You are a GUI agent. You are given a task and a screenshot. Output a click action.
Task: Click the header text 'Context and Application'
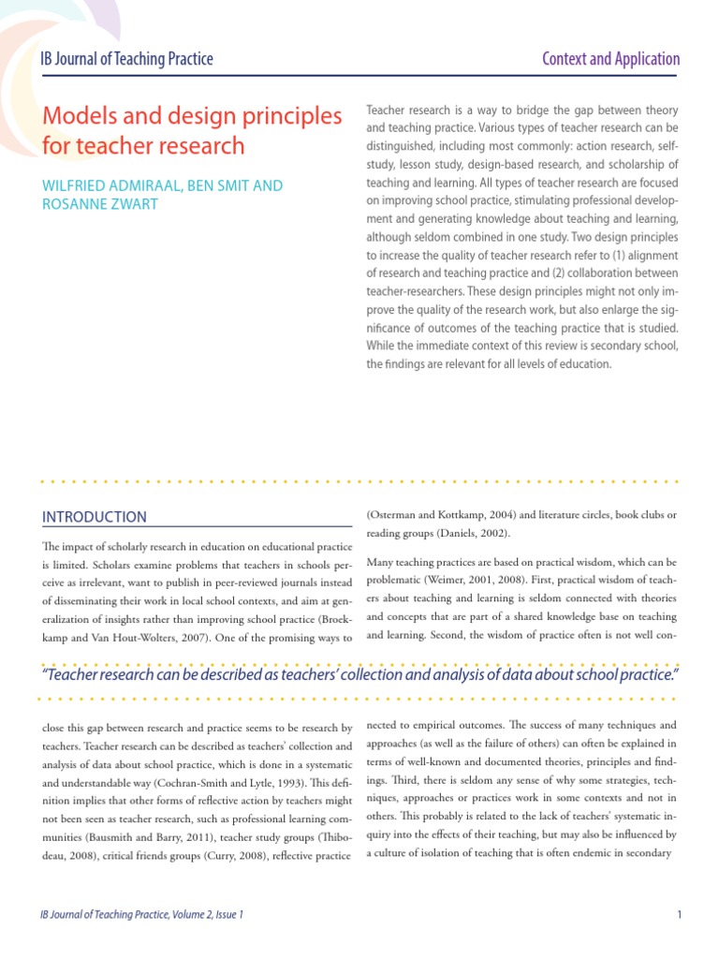click(611, 59)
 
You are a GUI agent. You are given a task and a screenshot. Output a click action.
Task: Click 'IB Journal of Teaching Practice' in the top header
click(126, 59)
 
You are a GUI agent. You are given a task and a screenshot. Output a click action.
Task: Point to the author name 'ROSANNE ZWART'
click(97, 204)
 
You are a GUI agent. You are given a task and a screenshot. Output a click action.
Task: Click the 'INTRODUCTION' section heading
click(95, 517)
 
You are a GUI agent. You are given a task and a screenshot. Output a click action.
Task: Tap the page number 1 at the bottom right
click(677, 914)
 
